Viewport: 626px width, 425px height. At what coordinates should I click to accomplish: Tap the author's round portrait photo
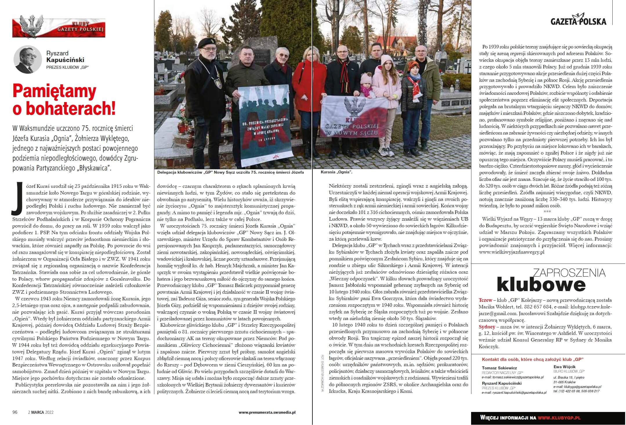click(x=28, y=59)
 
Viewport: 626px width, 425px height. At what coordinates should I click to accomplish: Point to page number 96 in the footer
click(x=15, y=412)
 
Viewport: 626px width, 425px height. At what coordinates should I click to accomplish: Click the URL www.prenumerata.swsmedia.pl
click(x=267, y=412)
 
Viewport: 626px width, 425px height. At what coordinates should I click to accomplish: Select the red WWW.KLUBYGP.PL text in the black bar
click(x=559, y=418)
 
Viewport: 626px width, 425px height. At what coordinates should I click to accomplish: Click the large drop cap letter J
click(x=17, y=198)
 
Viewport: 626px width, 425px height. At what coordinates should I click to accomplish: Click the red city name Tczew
click(x=486, y=300)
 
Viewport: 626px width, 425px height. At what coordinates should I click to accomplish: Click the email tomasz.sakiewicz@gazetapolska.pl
click(x=513, y=377)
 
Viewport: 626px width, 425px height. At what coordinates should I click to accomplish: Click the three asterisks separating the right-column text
click(x=547, y=211)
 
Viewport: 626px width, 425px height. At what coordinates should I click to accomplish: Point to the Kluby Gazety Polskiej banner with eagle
click(x=59, y=28)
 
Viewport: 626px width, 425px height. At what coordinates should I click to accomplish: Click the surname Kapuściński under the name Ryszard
click(x=65, y=60)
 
